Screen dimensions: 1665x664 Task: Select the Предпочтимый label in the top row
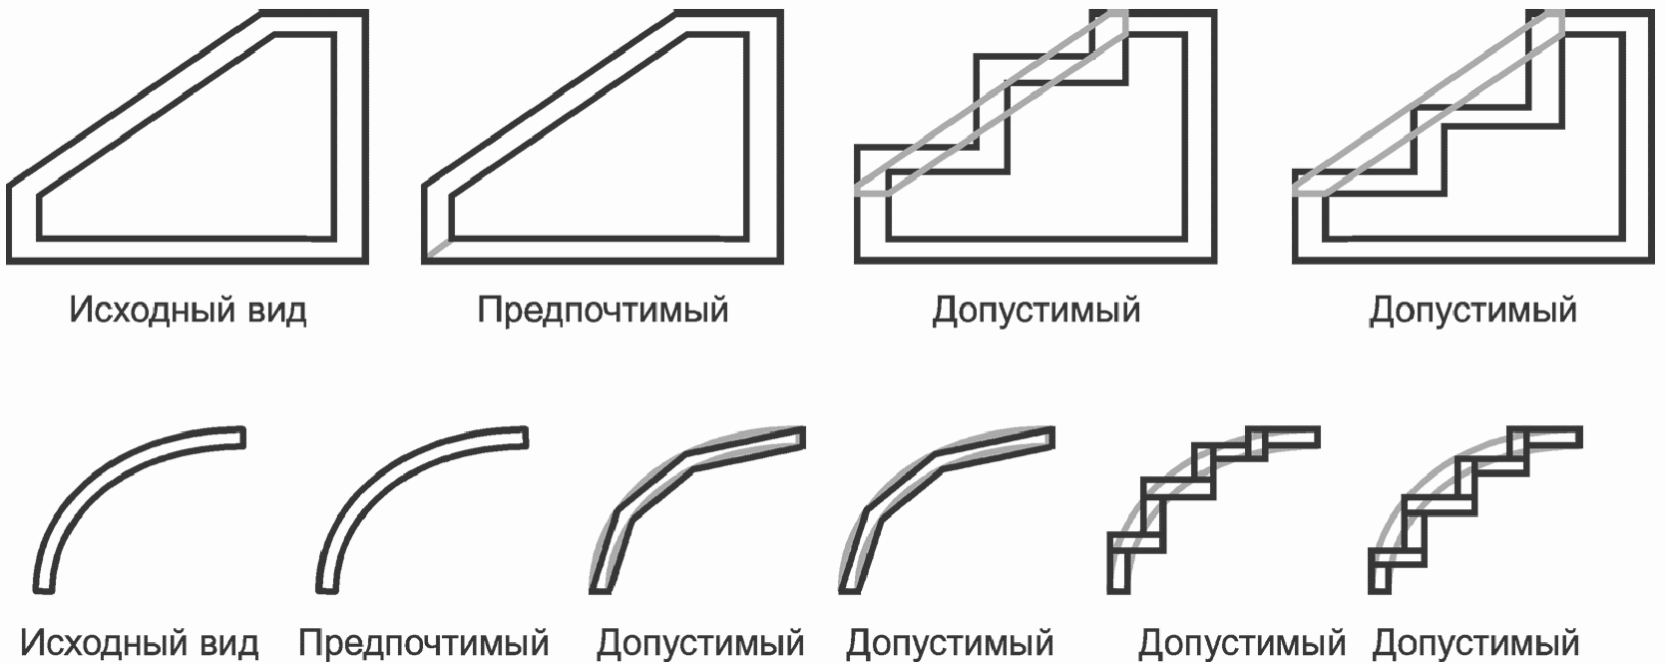tap(603, 310)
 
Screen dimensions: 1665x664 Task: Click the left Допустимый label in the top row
tap(1036, 310)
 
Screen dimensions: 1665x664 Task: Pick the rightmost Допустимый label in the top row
tap(1472, 310)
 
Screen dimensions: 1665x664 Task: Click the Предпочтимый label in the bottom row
tap(423, 643)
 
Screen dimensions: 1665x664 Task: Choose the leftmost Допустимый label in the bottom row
tap(700, 643)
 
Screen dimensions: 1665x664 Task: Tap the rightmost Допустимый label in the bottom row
tap(1475, 643)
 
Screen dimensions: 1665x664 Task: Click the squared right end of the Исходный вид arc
tap(239, 437)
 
